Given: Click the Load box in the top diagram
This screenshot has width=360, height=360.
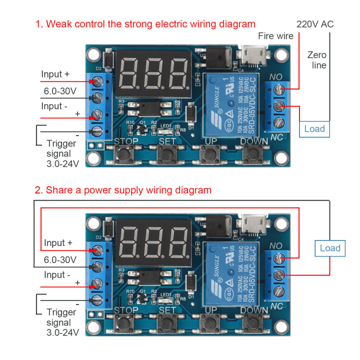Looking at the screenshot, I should pos(314,129).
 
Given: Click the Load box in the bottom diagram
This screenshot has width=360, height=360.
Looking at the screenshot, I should pos(330,248).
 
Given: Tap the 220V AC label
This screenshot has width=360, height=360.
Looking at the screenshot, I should pos(315,24).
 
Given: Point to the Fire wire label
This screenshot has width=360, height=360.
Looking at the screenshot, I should pos(276,35).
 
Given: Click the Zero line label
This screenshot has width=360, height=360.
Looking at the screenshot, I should pos(317,60).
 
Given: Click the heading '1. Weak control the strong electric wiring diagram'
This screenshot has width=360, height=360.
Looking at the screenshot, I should pos(145,24).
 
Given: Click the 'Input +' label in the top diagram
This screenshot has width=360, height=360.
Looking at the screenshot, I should pos(55,74).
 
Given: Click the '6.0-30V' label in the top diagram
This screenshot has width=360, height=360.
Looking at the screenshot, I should pos(58,91).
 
